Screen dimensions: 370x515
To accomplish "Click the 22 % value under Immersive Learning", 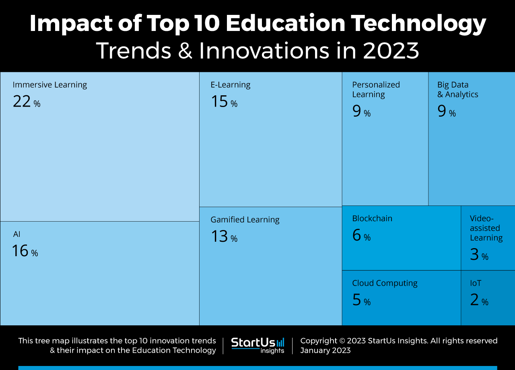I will pos(27,102).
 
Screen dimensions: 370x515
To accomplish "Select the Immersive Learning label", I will pos(50,85).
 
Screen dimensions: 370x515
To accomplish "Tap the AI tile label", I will pos(17,234).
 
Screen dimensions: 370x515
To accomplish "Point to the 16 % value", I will pos(25,251).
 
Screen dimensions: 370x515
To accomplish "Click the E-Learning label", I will pos(231,85).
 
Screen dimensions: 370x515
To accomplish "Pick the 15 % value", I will pos(224,102).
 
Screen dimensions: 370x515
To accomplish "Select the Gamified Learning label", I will pos(245,220).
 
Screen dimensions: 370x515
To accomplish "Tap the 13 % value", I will pos(224,237).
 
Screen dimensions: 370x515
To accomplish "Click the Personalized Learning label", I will pos(376,90).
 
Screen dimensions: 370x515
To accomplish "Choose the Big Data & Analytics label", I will pos(458,90).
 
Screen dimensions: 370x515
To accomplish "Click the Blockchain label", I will pos(372,218).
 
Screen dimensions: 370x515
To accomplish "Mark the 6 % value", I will pos(361,236).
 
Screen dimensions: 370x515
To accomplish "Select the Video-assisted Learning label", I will pos(486,228).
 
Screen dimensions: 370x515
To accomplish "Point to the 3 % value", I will pos(479,255).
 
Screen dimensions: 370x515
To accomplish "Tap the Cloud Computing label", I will pos(385,283).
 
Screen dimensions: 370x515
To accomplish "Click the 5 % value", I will pos(361,300).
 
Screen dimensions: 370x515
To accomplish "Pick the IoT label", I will pos(476,283).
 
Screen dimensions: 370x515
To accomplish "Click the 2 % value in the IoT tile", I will pos(479,300).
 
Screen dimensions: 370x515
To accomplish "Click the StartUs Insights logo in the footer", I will pos(257,345).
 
